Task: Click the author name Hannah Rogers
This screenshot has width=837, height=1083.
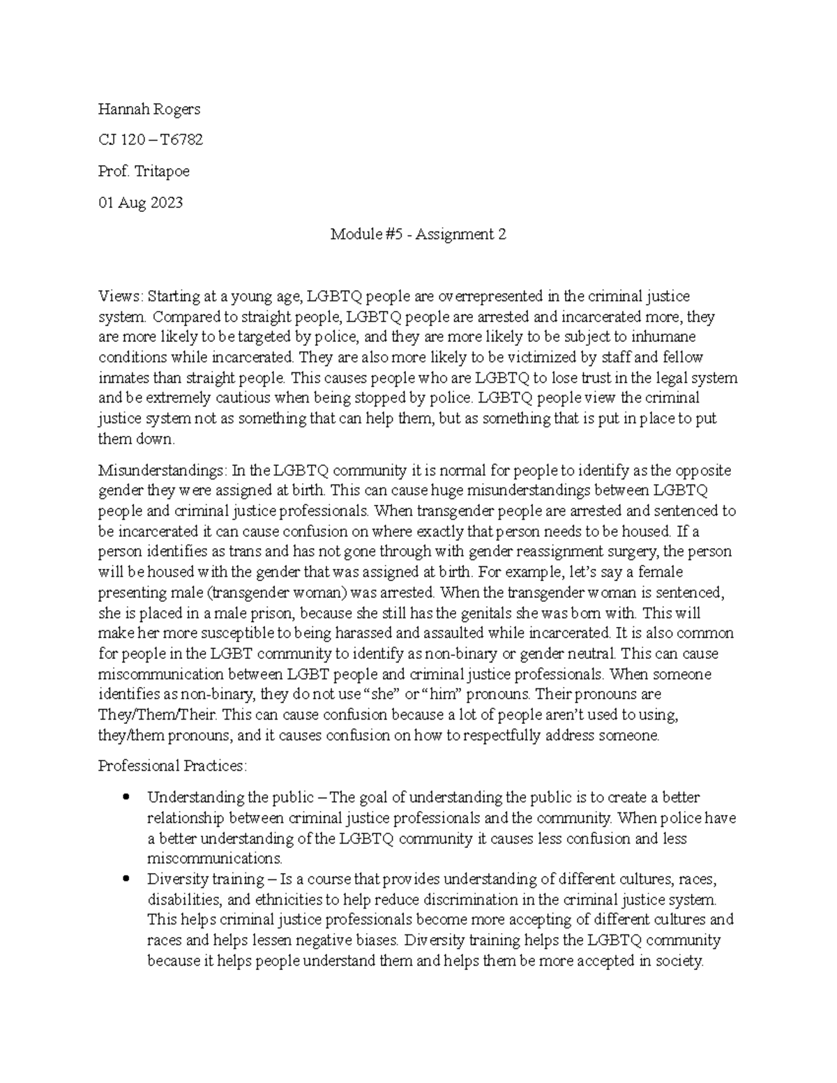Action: click(149, 109)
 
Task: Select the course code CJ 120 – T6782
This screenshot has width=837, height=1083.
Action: click(150, 140)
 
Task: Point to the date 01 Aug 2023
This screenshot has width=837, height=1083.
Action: click(140, 203)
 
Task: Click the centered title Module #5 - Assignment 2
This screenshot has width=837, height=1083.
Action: click(418, 234)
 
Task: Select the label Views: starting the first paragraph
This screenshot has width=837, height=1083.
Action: click(121, 296)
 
